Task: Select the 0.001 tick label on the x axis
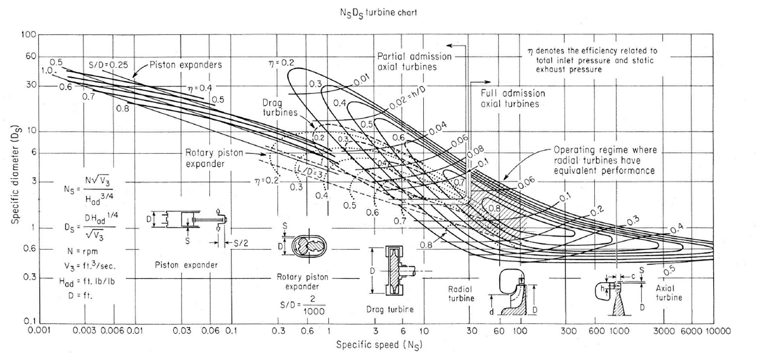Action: coord(38,331)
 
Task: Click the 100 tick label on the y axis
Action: coord(28,35)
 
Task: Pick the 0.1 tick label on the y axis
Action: coord(28,320)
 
